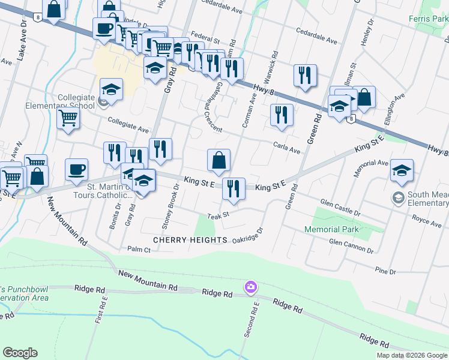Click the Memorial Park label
pos(331,229)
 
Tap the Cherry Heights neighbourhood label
pos(190,240)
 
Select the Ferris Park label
pos(427,19)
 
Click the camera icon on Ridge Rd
pos(250,288)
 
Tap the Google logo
pos(20,353)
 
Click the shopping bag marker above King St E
pos(218,161)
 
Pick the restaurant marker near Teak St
pos(234,188)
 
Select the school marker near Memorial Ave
pos(401,170)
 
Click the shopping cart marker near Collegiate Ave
pos(68,119)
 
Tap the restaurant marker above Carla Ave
pos(281,115)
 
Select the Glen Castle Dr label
pos(340,208)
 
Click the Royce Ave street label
pos(427,223)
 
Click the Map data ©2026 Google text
pos(412,355)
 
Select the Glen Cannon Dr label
pos(351,246)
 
